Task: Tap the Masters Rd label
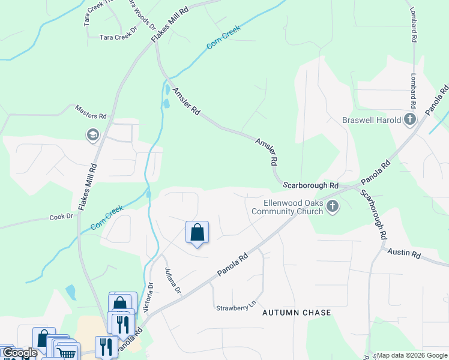(91, 112)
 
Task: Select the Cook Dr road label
(61, 217)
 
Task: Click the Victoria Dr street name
(150, 298)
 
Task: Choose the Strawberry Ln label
(232, 308)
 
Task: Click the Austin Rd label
(403, 253)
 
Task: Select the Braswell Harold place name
(372, 120)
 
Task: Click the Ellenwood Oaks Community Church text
(288, 207)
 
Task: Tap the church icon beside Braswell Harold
(411, 119)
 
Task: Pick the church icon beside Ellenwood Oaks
(333, 207)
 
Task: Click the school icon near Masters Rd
(92, 135)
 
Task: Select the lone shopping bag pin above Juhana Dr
(197, 232)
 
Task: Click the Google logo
(19, 353)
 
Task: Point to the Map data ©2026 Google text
(412, 355)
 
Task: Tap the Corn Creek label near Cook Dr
(107, 217)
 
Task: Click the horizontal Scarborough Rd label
(311, 186)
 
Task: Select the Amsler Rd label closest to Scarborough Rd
(267, 152)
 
